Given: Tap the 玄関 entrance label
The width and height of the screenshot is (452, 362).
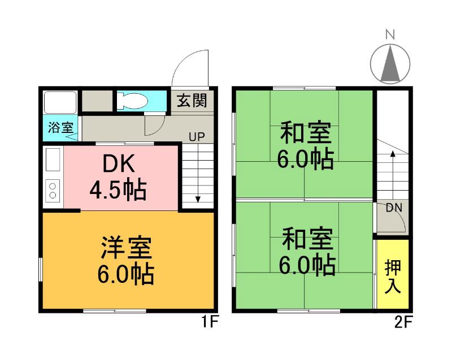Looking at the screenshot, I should point(191,101).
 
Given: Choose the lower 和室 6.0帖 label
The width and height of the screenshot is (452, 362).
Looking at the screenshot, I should point(305,252).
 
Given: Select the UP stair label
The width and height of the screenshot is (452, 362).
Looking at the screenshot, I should point(197,136).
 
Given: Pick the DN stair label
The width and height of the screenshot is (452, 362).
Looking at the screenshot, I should point(394,208).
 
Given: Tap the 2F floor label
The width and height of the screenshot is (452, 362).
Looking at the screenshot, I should point(403,323).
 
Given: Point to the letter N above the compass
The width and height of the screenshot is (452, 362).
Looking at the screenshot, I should point(389,35).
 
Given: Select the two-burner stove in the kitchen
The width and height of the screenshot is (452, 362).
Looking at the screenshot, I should point(53,190).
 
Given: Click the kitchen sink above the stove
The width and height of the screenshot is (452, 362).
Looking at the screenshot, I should point(53,160).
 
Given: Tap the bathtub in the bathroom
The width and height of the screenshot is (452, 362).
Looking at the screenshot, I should point(60,102).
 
